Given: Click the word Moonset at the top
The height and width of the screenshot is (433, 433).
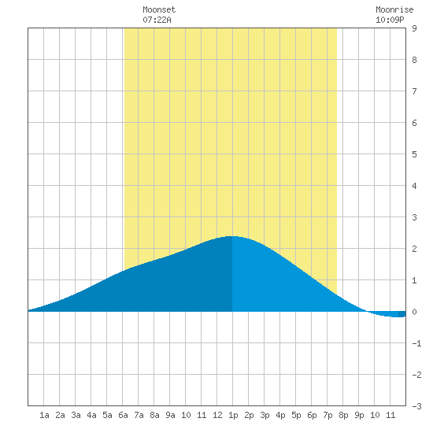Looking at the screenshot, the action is (159, 9).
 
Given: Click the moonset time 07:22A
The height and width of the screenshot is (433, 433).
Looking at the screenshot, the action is (157, 20).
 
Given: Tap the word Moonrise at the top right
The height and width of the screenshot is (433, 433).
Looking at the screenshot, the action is (394, 9).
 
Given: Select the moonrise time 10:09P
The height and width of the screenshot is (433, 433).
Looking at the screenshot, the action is (390, 20).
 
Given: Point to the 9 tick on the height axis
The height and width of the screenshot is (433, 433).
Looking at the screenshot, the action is (414, 28).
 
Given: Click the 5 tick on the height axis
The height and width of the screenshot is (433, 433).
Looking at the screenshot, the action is (414, 154).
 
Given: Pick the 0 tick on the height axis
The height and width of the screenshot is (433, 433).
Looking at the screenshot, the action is (414, 312).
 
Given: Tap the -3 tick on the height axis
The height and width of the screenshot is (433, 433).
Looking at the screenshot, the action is (416, 406).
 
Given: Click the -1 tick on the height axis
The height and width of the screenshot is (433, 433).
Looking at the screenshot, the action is (416, 343).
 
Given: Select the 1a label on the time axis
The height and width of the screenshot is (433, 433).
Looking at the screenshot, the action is (44, 415).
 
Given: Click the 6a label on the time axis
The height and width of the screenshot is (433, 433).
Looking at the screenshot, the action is (123, 415).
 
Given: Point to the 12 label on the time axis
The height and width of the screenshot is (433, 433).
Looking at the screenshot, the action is (217, 415).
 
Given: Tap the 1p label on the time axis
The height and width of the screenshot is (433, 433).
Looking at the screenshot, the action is (233, 415).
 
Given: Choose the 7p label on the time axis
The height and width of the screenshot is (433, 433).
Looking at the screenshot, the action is (328, 415).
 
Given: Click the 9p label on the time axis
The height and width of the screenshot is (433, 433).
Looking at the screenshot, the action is (359, 415).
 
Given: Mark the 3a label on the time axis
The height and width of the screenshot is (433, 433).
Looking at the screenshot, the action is (76, 415).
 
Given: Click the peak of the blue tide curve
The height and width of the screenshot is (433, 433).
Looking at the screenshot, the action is (232, 236).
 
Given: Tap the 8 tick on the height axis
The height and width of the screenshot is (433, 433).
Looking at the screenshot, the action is (414, 60).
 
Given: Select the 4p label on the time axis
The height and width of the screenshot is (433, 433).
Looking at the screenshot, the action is (280, 415).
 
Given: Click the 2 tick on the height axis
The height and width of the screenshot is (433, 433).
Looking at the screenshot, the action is (414, 249).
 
